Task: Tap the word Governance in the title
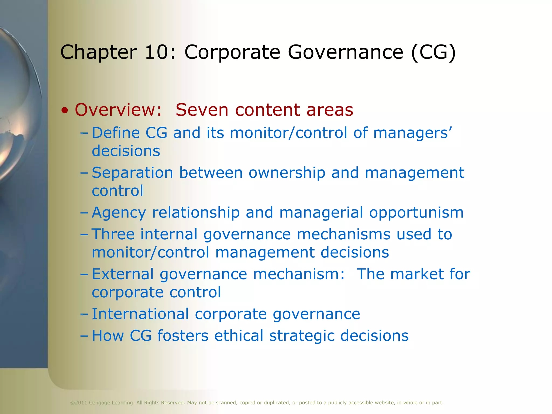point(345,52)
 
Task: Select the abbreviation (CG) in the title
point(433,52)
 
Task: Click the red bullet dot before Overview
point(65,111)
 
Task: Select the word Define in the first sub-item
point(116,133)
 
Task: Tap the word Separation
point(132,173)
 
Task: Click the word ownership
point(287,173)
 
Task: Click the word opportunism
point(416,212)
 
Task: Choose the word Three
point(113,234)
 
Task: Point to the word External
point(123,274)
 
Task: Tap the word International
point(140,314)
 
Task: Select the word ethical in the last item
point(239,336)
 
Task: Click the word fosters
point(183,336)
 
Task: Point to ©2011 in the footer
point(78,403)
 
